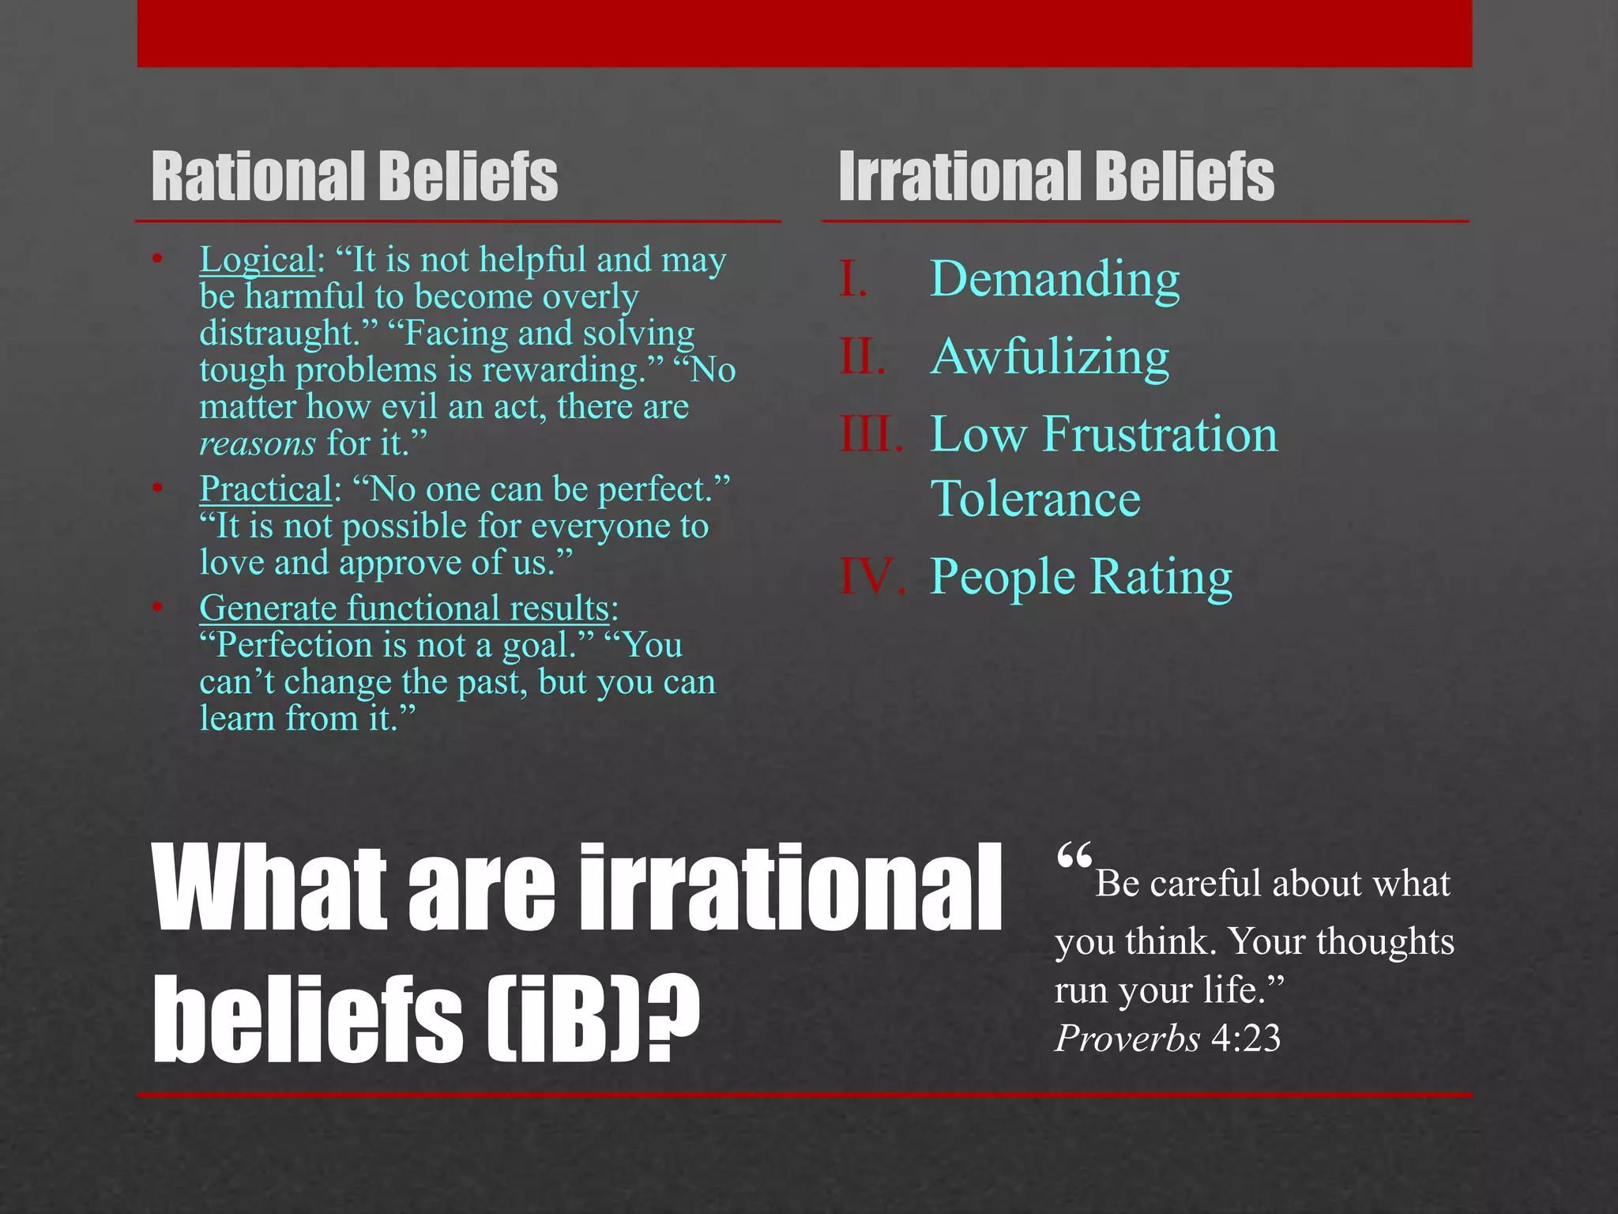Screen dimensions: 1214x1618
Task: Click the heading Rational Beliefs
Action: [354, 177]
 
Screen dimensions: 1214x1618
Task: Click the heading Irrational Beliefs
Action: [1056, 177]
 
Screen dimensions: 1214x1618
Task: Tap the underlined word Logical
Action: [258, 260]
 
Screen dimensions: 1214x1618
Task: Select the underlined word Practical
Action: [265, 489]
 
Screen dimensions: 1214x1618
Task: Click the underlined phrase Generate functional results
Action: [404, 609]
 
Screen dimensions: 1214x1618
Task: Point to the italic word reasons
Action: [258, 444]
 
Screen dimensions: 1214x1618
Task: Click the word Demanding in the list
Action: [1055, 279]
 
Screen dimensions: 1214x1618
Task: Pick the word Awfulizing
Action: [1049, 356]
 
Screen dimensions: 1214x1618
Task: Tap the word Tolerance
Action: [1035, 500]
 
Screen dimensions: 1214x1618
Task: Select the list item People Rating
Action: [1081, 576]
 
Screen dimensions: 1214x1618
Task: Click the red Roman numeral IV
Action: [871, 576]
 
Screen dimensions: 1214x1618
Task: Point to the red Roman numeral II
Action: [862, 356]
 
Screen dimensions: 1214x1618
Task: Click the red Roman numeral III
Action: [871, 434]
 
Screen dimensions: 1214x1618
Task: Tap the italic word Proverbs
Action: [1127, 1039]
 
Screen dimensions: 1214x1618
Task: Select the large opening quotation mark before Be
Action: [1074, 858]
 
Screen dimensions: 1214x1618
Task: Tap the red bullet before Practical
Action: [158, 488]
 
